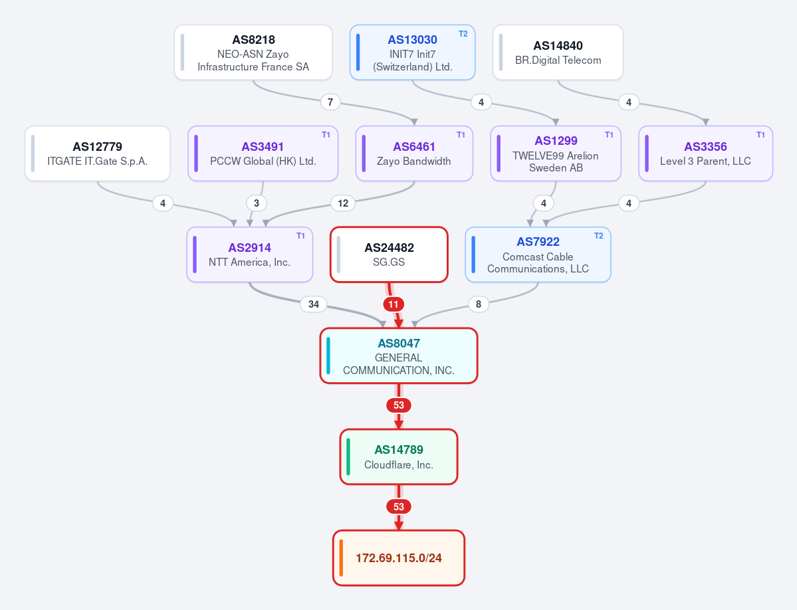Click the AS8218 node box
tap(253, 52)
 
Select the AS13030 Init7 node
tap(412, 52)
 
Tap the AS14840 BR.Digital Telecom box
tap(558, 52)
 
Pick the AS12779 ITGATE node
tap(98, 153)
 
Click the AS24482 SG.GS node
tap(389, 254)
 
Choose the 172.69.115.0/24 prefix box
tap(399, 558)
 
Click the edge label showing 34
tap(314, 304)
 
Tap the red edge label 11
tap(394, 304)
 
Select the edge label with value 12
tap(343, 203)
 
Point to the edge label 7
tap(330, 102)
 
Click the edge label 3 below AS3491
tap(257, 203)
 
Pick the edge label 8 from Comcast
tap(479, 304)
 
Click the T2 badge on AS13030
tap(463, 33)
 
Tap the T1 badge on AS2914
tap(301, 236)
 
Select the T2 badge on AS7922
tap(599, 236)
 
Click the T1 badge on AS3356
tap(760, 135)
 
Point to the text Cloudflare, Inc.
tap(399, 464)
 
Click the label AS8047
tap(399, 344)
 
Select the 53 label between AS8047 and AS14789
tap(399, 405)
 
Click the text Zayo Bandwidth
tap(413, 161)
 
